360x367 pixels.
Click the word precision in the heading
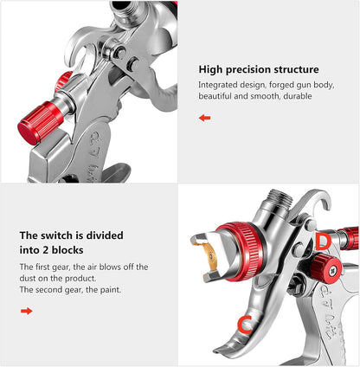[252, 69]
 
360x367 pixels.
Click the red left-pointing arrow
[204, 118]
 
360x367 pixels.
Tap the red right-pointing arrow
[26, 310]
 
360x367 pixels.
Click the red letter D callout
[321, 241]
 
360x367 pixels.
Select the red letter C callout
[245, 325]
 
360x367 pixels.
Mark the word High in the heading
[213, 69]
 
